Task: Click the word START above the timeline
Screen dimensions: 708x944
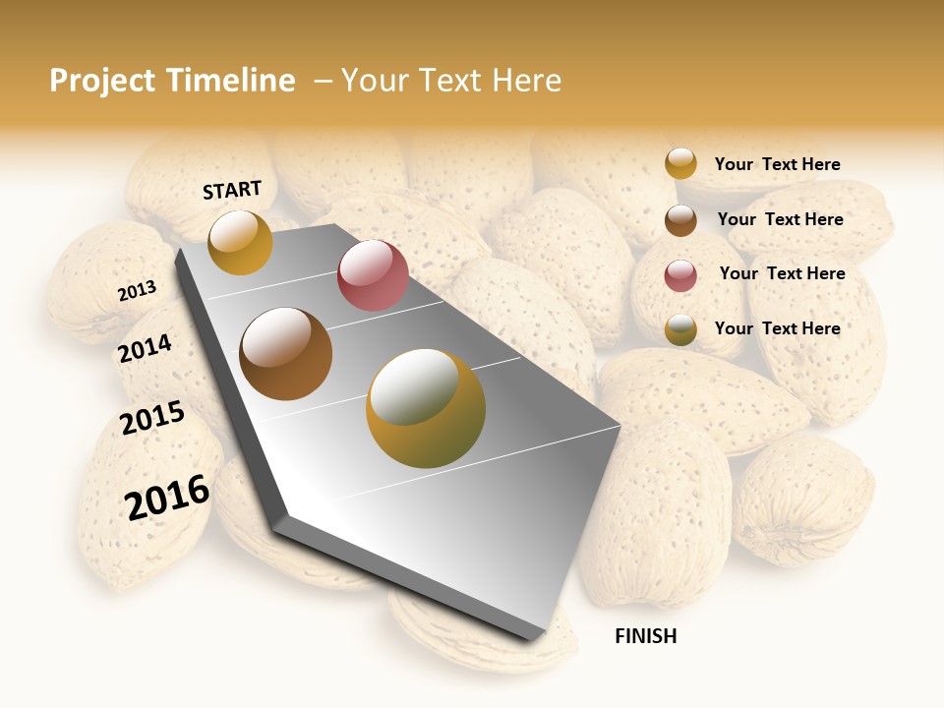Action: click(x=232, y=190)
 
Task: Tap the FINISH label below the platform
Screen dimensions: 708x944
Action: click(x=645, y=636)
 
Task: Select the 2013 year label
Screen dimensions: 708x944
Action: click(x=137, y=291)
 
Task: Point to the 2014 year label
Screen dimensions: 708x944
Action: click(x=145, y=348)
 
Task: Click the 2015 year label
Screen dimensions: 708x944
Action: click(x=152, y=418)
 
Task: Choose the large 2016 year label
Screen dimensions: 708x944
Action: click(x=167, y=497)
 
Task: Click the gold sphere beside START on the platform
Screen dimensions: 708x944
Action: click(x=240, y=242)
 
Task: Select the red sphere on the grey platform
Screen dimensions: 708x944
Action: click(x=373, y=275)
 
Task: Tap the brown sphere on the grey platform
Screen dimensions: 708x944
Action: click(x=286, y=354)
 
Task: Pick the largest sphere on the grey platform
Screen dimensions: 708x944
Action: click(x=426, y=408)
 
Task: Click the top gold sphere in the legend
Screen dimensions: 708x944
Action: click(x=680, y=164)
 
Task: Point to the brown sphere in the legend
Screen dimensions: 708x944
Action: click(x=680, y=220)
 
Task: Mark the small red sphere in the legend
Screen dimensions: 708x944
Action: click(x=680, y=275)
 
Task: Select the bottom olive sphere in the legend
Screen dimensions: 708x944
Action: click(x=680, y=330)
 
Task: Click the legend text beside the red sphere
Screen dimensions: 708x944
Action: click(x=782, y=273)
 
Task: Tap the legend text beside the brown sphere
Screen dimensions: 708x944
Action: click(x=780, y=219)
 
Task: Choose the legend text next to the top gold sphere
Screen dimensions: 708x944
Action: click(x=777, y=164)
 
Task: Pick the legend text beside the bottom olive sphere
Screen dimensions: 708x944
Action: click(x=777, y=328)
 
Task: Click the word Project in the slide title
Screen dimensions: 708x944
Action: click(x=102, y=81)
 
